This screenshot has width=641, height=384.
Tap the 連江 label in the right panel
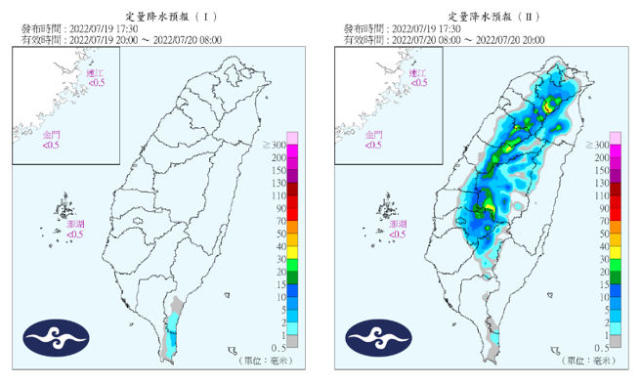[x=417, y=72]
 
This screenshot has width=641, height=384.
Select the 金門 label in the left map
[x=50, y=134]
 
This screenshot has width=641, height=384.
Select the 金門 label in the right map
[x=372, y=134]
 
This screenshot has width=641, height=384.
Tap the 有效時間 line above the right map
[x=444, y=40]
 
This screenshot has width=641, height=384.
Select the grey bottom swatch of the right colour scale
[x=616, y=341]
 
